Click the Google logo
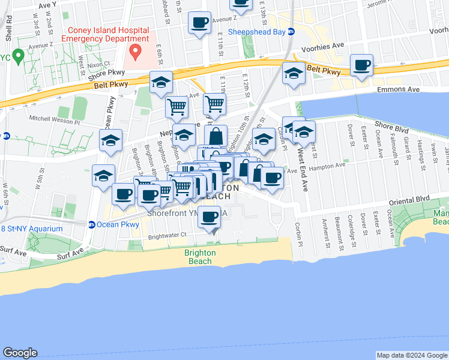[x=20, y=353]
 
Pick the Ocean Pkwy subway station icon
[x=92, y=225]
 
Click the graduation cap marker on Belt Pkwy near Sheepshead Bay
[x=293, y=74]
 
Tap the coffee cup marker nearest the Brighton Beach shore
[x=209, y=218]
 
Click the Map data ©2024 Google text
[x=411, y=355]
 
